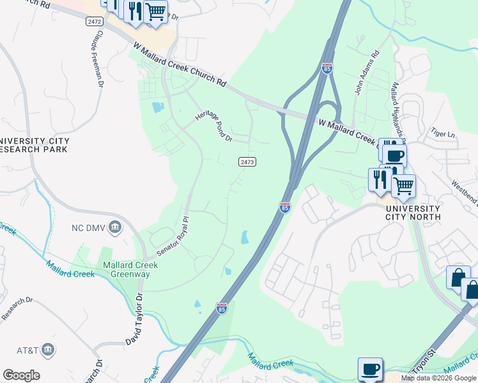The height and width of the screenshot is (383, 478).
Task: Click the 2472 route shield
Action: point(93,21)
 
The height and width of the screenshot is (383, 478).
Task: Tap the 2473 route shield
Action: point(248,162)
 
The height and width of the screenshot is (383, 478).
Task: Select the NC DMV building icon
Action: point(115,227)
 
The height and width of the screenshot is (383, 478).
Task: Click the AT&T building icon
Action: point(47,349)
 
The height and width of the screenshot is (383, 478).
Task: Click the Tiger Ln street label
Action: point(442,134)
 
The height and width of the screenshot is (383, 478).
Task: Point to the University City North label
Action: point(412,213)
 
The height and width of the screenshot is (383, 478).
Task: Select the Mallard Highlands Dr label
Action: point(399,112)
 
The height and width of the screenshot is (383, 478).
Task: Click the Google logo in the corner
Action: point(21,375)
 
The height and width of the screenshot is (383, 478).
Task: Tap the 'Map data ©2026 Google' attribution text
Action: point(438,378)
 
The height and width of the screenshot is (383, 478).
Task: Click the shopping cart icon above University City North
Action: point(403,186)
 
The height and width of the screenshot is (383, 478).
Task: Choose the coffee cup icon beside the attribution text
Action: point(370,369)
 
